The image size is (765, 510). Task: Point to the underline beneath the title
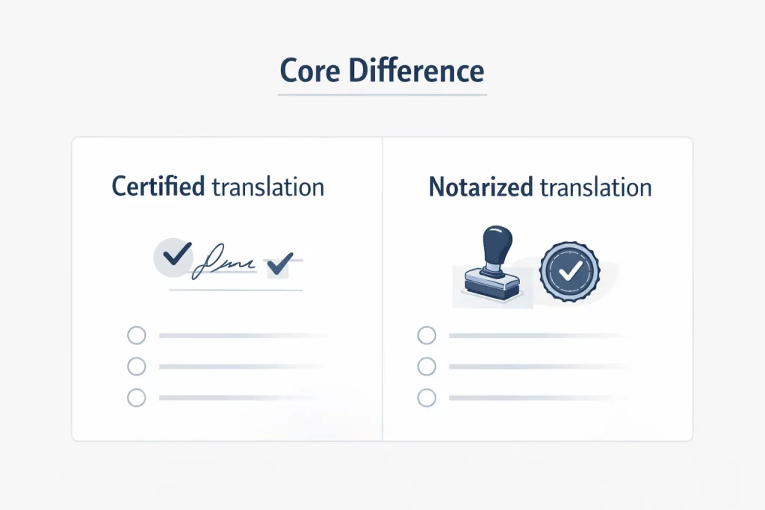(382, 95)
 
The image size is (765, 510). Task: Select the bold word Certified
(158, 186)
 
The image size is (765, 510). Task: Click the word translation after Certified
(267, 187)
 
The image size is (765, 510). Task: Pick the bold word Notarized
(481, 187)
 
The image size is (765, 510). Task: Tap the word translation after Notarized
(595, 187)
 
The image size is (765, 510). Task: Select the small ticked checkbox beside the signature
(279, 262)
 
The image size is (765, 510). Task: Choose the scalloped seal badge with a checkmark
(569, 270)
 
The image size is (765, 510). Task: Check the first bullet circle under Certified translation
(137, 335)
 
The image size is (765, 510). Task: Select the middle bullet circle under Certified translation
(137, 366)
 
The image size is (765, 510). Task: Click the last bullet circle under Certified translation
(137, 397)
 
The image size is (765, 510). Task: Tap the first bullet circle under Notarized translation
(427, 335)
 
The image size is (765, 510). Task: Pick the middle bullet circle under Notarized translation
(427, 366)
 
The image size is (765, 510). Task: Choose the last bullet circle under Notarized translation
(427, 397)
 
